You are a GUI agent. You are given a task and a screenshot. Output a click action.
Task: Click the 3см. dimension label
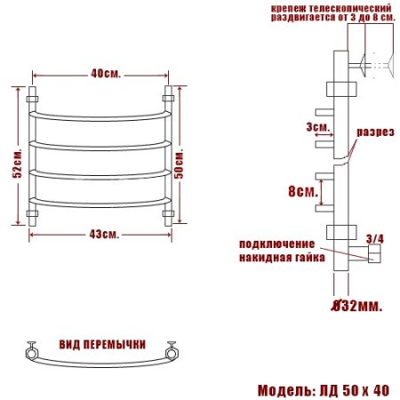click(x=316, y=127)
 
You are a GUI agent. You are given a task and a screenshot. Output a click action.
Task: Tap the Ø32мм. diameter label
click(x=356, y=307)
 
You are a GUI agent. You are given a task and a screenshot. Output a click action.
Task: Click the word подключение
click(x=276, y=244)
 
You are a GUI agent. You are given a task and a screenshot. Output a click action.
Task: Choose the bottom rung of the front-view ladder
click(x=100, y=202)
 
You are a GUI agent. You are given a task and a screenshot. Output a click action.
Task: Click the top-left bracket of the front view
click(x=34, y=93)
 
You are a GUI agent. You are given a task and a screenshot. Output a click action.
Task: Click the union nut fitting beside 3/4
click(x=372, y=256)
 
